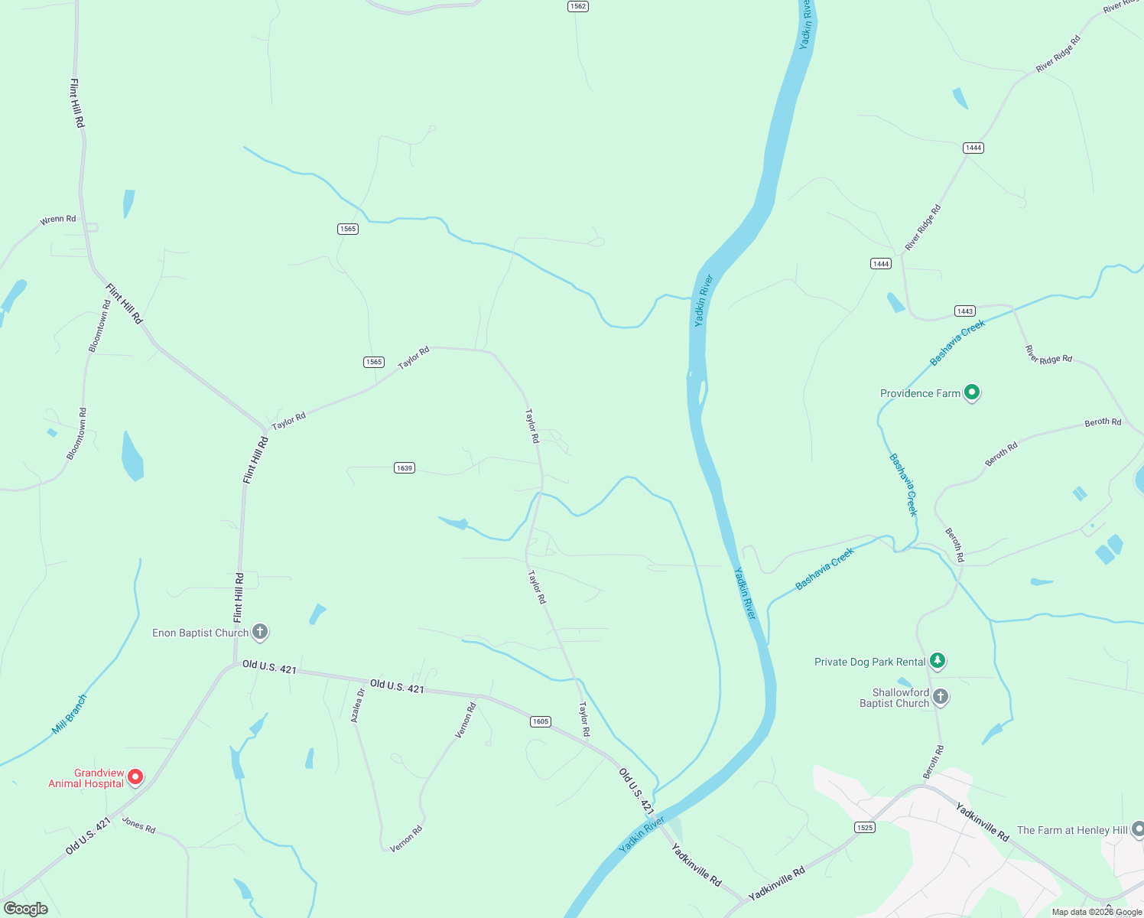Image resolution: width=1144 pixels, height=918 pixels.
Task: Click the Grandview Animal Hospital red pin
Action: tap(135, 776)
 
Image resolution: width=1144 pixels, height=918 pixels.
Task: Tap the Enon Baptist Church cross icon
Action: tap(260, 632)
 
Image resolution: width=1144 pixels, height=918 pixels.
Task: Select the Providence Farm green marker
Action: tap(972, 392)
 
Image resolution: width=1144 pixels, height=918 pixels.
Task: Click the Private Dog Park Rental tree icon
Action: tap(938, 661)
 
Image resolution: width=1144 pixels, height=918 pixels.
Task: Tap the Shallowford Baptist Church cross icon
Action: tap(941, 696)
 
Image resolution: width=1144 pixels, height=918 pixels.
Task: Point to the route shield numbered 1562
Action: tap(577, 6)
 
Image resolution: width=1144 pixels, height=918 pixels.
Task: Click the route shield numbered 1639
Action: tap(405, 467)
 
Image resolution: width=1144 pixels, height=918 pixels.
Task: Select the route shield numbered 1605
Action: tap(541, 721)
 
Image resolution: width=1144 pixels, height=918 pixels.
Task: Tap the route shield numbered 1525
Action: tap(865, 827)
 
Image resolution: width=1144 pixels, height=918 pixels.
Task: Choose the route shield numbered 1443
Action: tap(965, 311)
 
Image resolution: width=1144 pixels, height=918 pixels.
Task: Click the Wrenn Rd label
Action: tap(58, 220)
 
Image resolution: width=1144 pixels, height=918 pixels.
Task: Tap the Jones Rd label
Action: tap(138, 825)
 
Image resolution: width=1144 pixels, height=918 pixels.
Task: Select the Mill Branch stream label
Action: tap(70, 714)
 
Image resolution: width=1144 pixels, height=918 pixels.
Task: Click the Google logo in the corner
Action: tap(25, 909)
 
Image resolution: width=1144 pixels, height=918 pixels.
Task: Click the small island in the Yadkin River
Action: tap(701, 391)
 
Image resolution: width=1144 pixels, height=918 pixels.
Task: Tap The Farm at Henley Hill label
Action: tap(1072, 830)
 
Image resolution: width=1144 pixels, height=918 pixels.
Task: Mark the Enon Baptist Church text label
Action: tap(200, 633)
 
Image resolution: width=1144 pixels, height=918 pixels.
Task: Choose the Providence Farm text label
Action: tap(920, 393)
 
